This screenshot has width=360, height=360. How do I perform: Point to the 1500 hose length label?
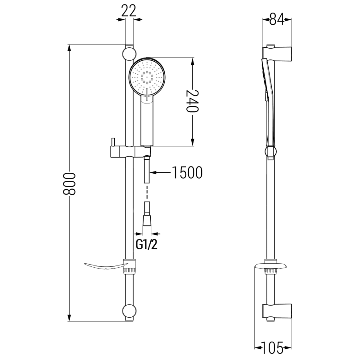(186, 172)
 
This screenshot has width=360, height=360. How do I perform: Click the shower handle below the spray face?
(147, 121)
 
